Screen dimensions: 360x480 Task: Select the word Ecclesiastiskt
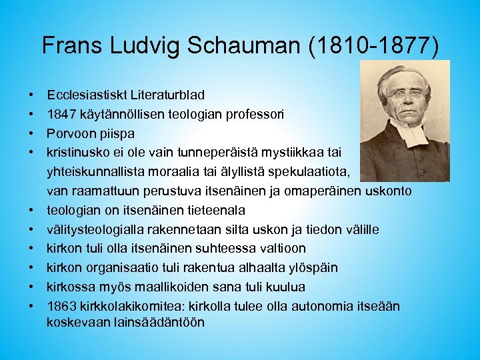83,95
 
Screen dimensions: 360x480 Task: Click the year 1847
60,114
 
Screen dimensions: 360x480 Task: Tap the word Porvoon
69,133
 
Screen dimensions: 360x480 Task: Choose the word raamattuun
105,191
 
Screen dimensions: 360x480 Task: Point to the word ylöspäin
313,268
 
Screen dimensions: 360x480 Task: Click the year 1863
61,307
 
